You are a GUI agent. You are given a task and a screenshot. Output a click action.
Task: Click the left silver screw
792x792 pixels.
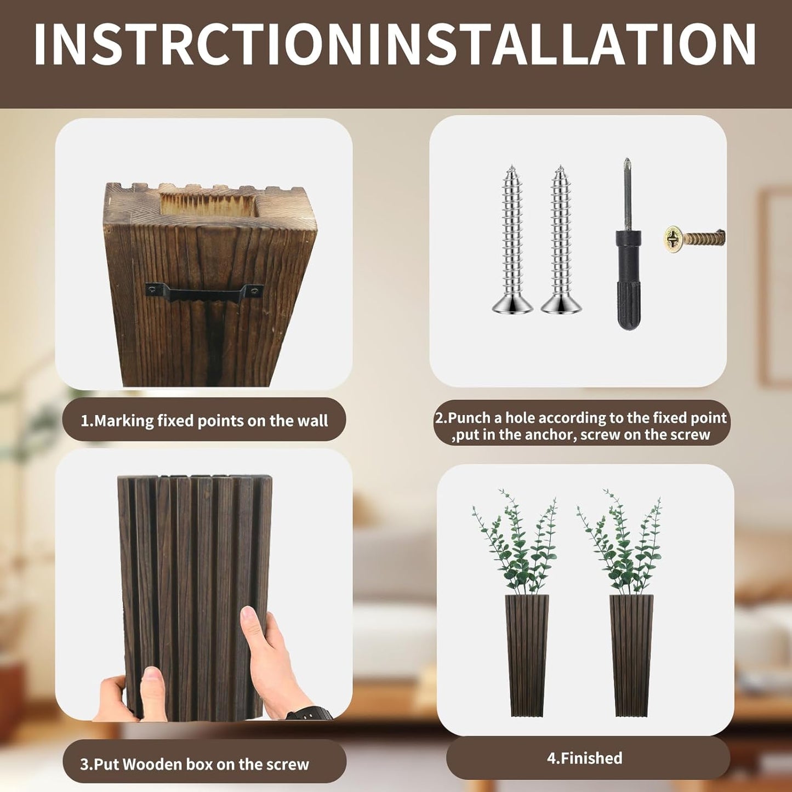pyautogui.click(x=512, y=241)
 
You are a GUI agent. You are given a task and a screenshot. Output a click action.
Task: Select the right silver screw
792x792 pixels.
pyautogui.click(x=561, y=241)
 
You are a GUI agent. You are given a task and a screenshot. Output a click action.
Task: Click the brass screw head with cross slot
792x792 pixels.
pyautogui.click(x=673, y=237)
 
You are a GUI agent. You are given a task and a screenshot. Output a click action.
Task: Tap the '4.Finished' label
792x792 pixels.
pyautogui.click(x=584, y=759)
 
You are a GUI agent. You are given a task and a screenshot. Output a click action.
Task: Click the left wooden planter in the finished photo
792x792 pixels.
pyautogui.click(x=526, y=655)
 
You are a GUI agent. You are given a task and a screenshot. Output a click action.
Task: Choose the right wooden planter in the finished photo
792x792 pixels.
pyautogui.click(x=631, y=655)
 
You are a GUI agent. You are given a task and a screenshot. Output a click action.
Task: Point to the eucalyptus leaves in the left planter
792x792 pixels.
pyautogui.click(x=515, y=543)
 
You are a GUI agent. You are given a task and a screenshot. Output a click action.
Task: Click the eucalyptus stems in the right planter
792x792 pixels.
pyautogui.click(x=619, y=543)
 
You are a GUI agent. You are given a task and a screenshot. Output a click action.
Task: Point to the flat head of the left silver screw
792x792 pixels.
pyautogui.click(x=512, y=305)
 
